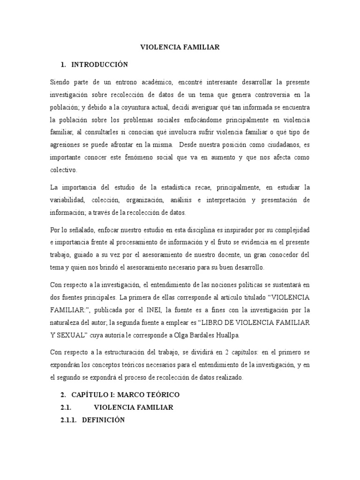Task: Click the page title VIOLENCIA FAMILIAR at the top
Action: [180, 47]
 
